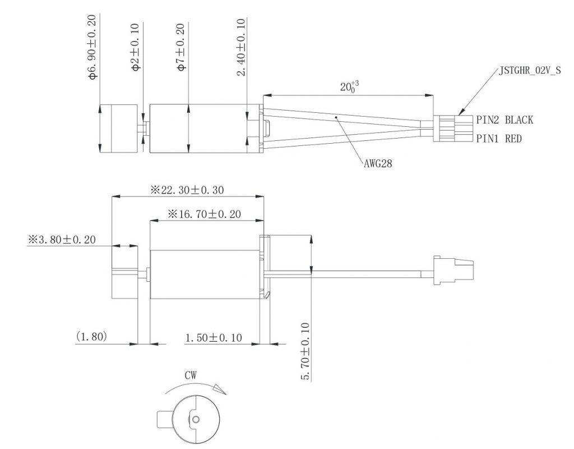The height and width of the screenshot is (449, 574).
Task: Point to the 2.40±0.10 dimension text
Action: (241, 47)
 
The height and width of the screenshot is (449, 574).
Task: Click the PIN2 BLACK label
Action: (504, 120)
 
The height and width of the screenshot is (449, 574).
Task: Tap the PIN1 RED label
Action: (499, 138)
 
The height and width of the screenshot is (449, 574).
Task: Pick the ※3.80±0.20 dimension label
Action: (62, 240)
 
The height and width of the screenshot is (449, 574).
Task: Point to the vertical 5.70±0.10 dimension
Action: (305, 351)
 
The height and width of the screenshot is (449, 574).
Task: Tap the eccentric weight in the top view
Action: (118, 128)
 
